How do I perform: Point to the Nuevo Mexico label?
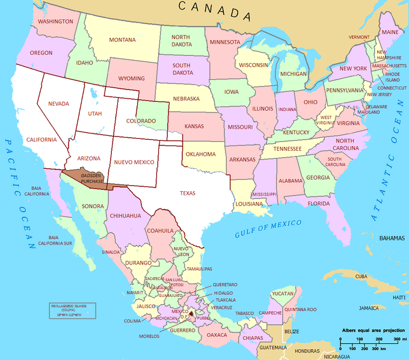[134, 162]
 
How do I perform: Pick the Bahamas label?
[392, 239]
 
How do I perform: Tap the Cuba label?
[361, 276]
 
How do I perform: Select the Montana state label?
[122, 40]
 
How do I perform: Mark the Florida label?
[319, 203]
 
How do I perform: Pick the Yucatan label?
[282, 293]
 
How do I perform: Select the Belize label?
[292, 331]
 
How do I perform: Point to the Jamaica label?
[369, 308]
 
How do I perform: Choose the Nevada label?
[59, 103]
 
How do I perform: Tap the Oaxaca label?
[217, 334]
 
